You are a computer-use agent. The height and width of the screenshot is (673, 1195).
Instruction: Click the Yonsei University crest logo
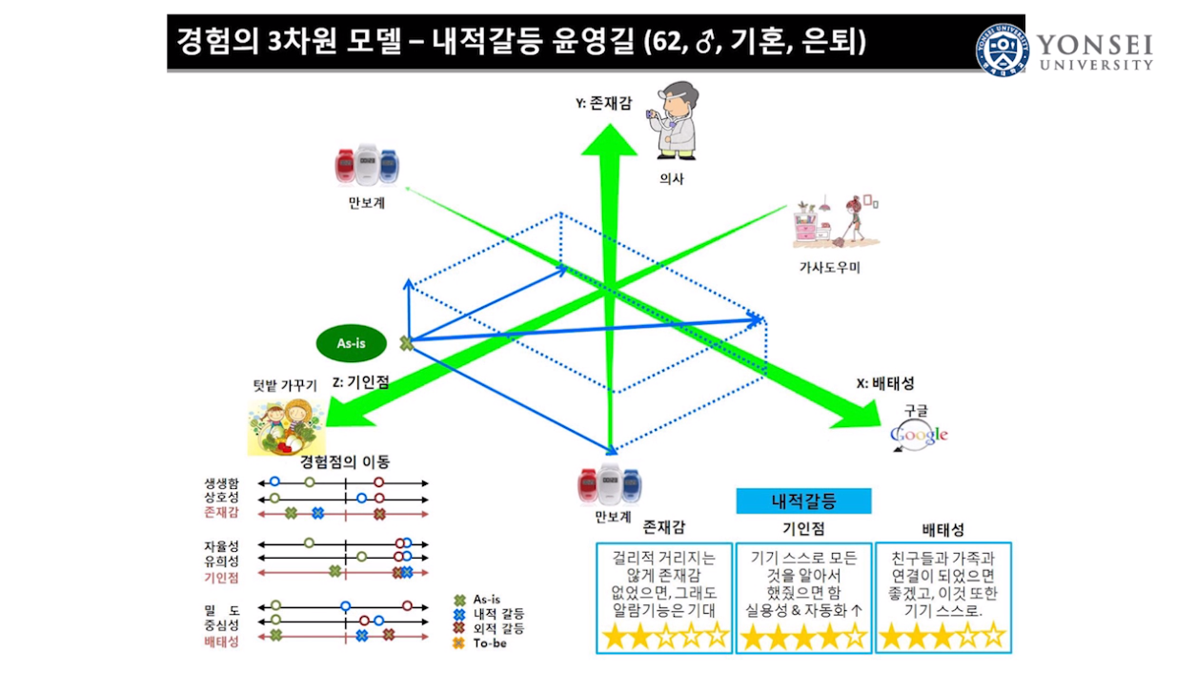(x=1002, y=50)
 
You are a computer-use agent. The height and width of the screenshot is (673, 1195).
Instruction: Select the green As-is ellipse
(x=352, y=343)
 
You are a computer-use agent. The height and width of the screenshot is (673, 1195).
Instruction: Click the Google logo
(x=920, y=435)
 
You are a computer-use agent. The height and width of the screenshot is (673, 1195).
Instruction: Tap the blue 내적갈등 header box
(x=803, y=500)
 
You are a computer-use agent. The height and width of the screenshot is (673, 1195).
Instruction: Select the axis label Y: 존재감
(x=603, y=103)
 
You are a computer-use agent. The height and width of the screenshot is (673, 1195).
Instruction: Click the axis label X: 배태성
(x=885, y=383)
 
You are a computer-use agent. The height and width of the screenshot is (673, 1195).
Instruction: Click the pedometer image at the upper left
(x=366, y=165)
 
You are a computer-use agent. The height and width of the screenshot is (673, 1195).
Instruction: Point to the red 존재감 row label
(x=221, y=514)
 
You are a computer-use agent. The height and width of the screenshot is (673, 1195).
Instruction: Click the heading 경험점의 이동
(x=345, y=461)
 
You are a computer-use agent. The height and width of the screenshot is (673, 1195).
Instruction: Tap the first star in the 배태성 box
(x=891, y=637)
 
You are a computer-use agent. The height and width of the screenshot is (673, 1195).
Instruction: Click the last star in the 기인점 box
(x=855, y=637)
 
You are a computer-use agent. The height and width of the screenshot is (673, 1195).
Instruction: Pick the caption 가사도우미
(x=829, y=268)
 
